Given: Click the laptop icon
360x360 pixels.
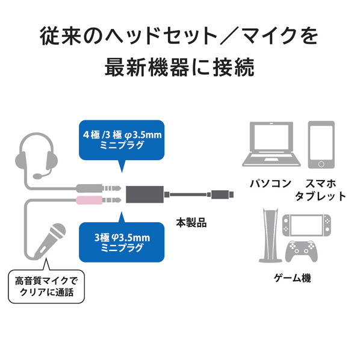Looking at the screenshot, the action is click(272, 144).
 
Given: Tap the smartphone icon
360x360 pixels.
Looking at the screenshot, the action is click(321, 144).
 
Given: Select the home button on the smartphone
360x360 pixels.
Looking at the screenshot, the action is click(321, 164).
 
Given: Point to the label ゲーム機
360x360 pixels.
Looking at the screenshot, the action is click(293, 278).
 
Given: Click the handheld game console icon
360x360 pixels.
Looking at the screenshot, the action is click(306, 226).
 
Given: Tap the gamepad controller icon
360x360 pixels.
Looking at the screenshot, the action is click(301, 252).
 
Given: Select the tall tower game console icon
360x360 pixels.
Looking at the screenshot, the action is click(270, 235).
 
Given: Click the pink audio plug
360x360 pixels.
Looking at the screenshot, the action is click(99, 200).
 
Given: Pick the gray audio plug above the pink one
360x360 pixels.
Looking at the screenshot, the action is click(99, 188).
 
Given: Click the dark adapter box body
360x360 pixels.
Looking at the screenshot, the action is click(144, 194).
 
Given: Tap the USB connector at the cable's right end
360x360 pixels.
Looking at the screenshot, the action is click(222, 194).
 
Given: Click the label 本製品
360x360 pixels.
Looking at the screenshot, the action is click(191, 223).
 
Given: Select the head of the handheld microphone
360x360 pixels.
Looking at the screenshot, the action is click(58, 232).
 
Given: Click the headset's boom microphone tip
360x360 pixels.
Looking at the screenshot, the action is click(37, 176).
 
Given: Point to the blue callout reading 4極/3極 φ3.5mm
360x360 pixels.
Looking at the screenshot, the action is click(122, 140).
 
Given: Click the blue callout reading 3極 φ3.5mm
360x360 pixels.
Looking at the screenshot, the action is click(122, 242).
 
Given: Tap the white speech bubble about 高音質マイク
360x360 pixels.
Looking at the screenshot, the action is click(46, 287).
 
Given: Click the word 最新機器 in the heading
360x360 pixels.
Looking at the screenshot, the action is click(147, 67).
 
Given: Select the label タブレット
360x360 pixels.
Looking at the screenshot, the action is click(320, 196).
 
